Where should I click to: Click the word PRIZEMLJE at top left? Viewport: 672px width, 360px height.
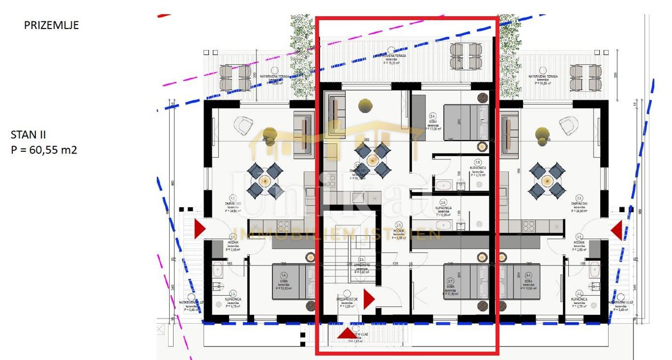pyautogui.click(x=52, y=25)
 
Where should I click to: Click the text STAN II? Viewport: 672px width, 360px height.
pyautogui.click(x=29, y=135)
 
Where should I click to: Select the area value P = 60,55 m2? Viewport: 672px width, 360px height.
pyautogui.click(x=44, y=149)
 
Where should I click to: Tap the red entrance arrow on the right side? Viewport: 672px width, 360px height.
pyautogui.click(x=617, y=230)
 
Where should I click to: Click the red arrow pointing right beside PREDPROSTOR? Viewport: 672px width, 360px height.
pyautogui.click(x=368, y=300)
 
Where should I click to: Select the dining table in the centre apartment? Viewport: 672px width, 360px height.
pyautogui.click(x=372, y=159)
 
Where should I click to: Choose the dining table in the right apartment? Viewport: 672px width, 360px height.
pyautogui.click(x=545, y=181)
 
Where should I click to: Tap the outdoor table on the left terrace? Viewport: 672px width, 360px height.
pyautogui.click(x=235, y=77)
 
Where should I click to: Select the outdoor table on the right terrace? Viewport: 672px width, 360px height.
pyautogui.click(x=585, y=77)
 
